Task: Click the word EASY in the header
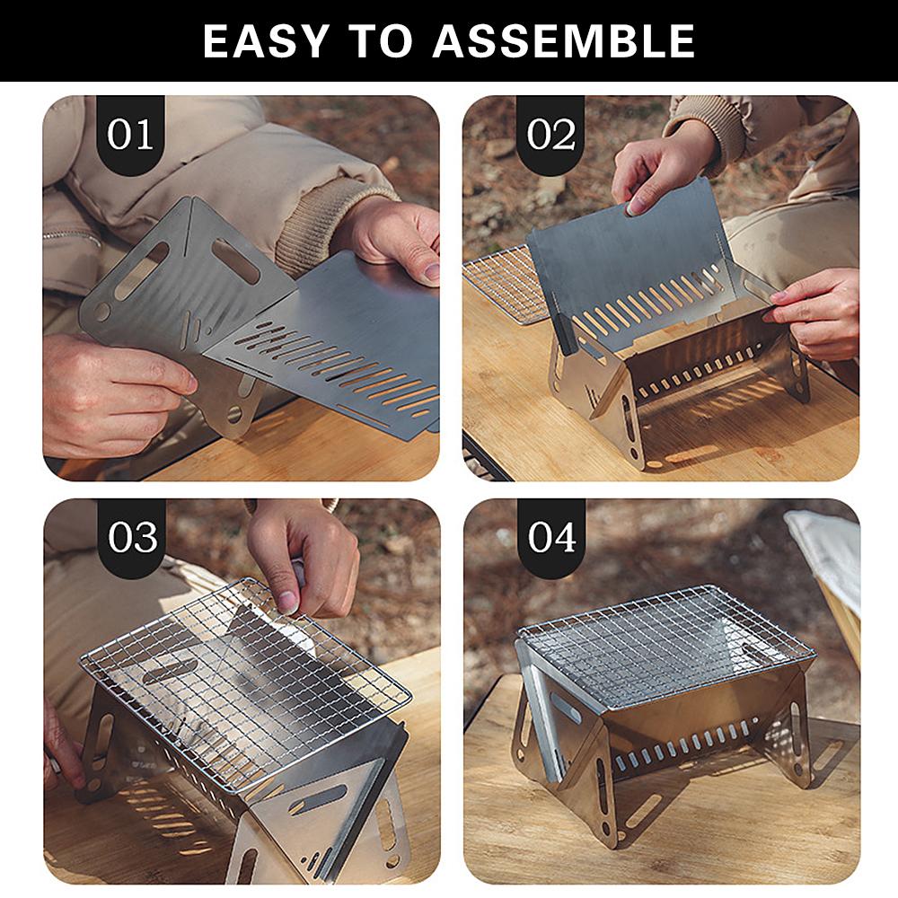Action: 265,41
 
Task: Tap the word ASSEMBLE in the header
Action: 564,41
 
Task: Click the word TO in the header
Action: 380,41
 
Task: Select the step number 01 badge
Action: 130,136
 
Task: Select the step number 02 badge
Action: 550,136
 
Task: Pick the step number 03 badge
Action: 132,537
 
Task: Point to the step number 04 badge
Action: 551,537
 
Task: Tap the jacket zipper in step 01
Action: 71,236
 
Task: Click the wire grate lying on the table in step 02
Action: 504,284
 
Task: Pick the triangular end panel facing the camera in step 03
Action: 321,819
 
